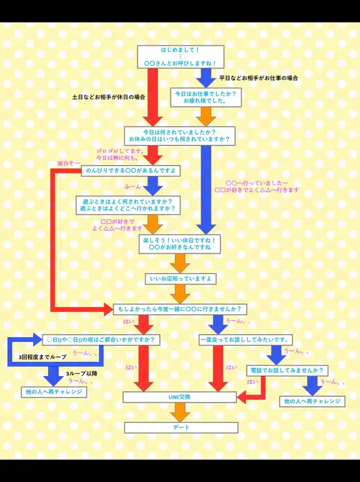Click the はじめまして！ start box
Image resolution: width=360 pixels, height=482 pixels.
click(x=181, y=56)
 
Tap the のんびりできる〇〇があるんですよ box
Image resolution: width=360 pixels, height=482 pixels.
click(x=130, y=170)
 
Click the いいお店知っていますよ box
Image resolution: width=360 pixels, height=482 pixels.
click(x=181, y=278)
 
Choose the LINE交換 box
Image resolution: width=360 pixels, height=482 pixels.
click(x=179, y=397)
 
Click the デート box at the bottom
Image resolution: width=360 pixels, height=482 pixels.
click(x=181, y=427)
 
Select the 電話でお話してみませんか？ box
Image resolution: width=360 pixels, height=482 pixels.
click(x=287, y=371)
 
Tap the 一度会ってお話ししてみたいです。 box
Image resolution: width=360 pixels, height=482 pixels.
click(x=245, y=340)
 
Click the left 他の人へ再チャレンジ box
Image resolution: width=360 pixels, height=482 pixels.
click(x=55, y=391)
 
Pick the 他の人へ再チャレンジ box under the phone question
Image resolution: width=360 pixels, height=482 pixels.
click(x=312, y=401)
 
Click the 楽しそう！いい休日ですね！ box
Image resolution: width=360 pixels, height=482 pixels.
click(x=181, y=243)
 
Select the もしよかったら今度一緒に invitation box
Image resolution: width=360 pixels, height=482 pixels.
click(x=179, y=309)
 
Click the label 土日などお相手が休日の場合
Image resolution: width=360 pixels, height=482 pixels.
click(x=109, y=97)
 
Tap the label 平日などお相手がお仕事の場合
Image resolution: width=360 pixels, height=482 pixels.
click(x=258, y=77)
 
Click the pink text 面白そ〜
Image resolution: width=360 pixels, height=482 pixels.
click(x=69, y=163)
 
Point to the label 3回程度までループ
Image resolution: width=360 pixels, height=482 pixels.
click(x=42, y=357)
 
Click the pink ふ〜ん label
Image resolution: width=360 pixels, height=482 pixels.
click(x=132, y=185)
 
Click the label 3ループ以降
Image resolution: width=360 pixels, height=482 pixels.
click(x=82, y=373)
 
